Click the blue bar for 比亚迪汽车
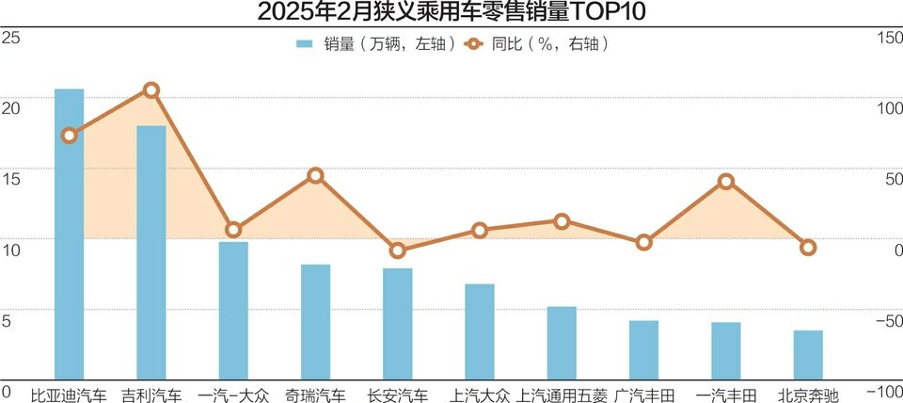click(69, 235)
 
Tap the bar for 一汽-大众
click(233, 311)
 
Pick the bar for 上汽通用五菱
click(562, 343)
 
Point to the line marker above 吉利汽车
click(150, 90)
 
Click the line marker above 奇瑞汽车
click(316, 175)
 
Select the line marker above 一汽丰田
click(725, 181)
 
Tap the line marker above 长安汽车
click(398, 250)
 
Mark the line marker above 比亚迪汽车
click(69, 136)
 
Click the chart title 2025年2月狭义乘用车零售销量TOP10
click(451, 13)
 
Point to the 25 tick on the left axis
click(11, 38)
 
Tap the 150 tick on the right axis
click(889, 38)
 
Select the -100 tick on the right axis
click(885, 391)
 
